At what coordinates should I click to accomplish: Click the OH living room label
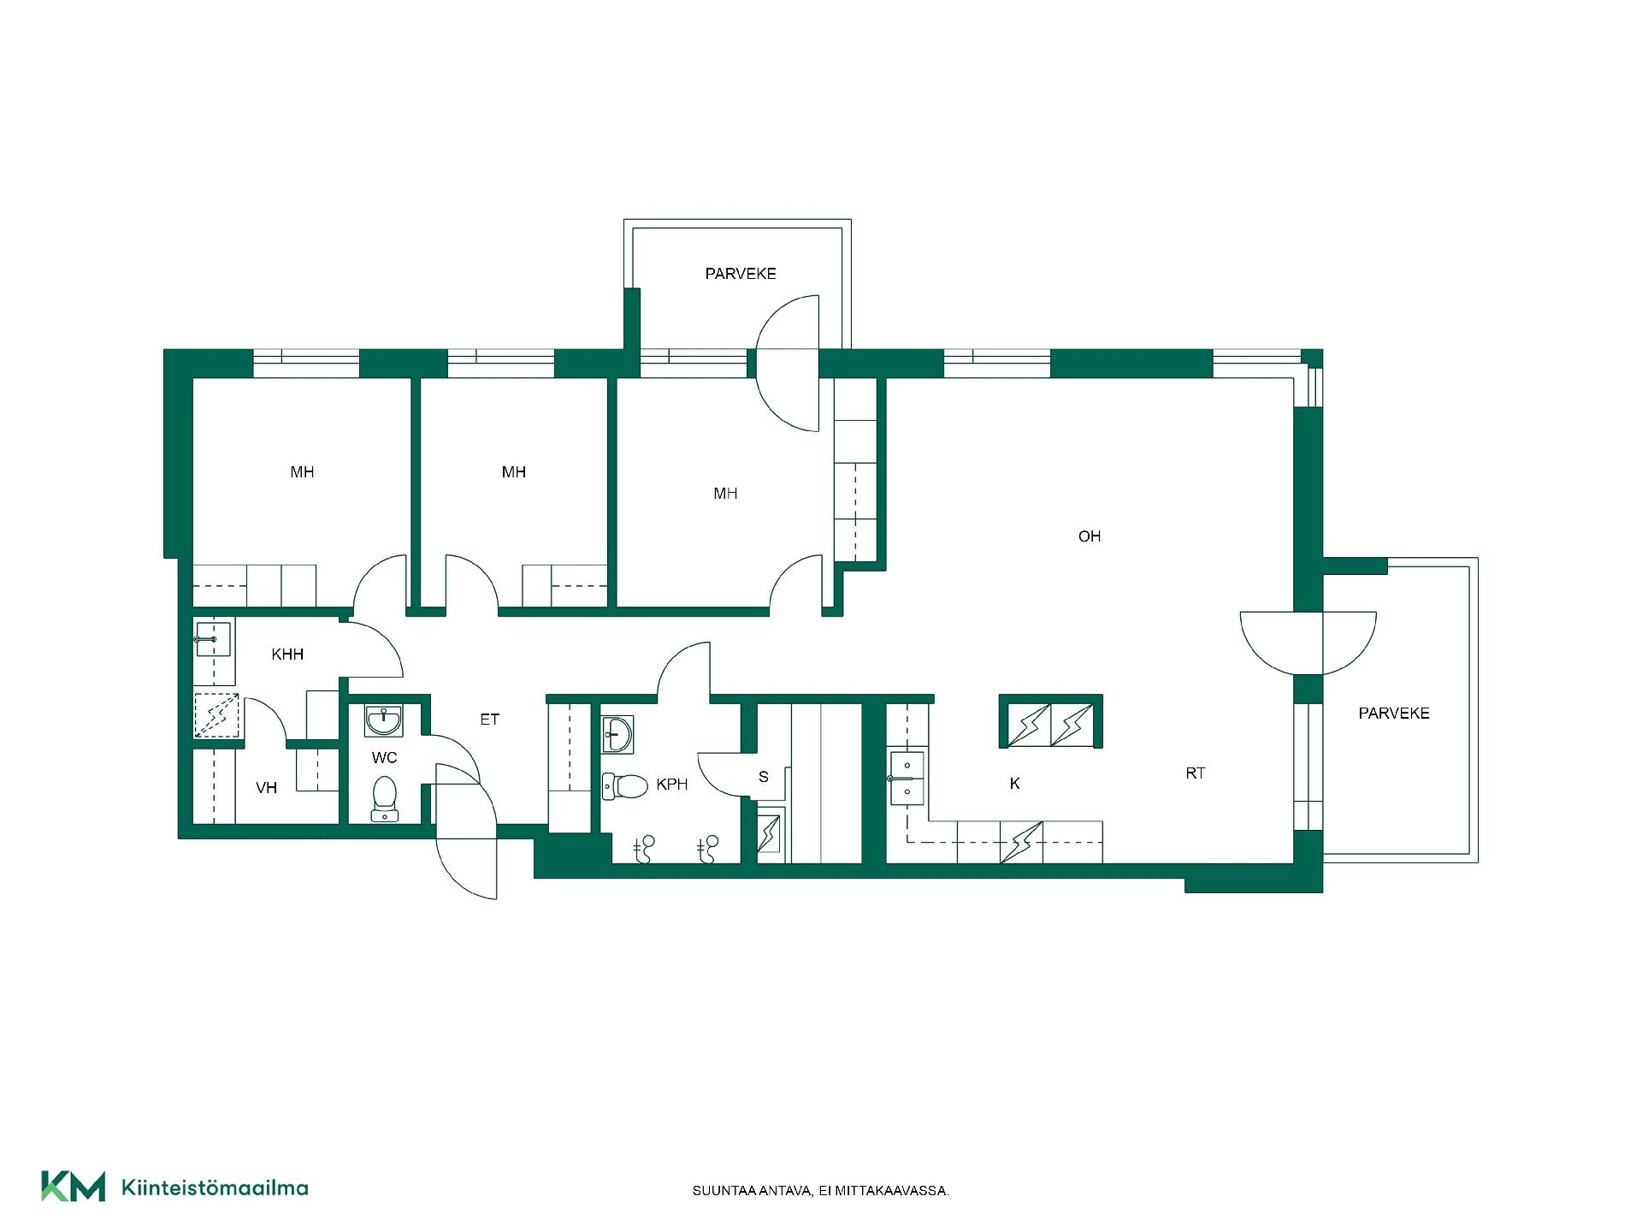pyautogui.click(x=1089, y=536)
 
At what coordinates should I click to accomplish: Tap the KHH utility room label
pyautogui.click(x=287, y=654)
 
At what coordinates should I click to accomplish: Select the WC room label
pyautogui.click(x=385, y=758)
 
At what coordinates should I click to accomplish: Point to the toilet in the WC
pyautogui.click(x=385, y=798)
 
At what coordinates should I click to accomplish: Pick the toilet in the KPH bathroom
pyautogui.click(x=625, y=786)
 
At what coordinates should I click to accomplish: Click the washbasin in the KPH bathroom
pyautogui.click(x=617, y=735)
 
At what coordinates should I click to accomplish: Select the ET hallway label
pyautogui.click(x=489, y=720)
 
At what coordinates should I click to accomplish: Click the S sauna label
pyautogui.click(x=764, y=777)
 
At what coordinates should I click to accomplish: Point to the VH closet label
pyautogui.click(x=267, y=787)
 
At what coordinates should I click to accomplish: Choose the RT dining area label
pyautogui.click(x=1196, y=773)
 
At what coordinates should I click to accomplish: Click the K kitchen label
pyautogui.click(x=1015, y=784)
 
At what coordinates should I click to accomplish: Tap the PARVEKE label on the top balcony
pyautogui.click(x=741, y=274)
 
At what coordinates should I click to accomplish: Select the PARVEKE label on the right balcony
pyautogui.click(x=1394, y=714)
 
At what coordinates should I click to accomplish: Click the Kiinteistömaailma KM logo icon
pyautogui.click(x=74, y=1186)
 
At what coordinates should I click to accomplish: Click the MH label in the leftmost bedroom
pyautogui.click(x=302, y=472)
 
